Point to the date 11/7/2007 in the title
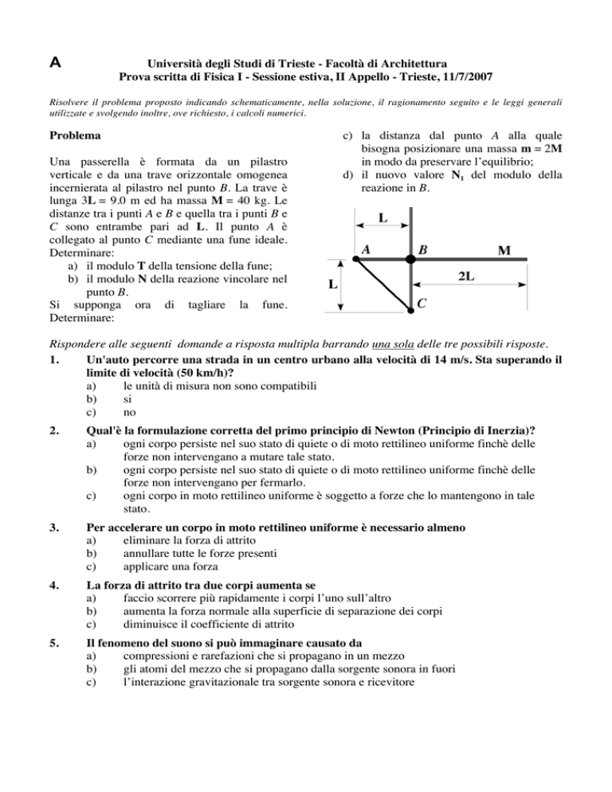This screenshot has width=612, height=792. pos(461,77)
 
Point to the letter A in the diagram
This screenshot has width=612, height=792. pos(365,249)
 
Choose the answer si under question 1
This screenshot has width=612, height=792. pos(127,400)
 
